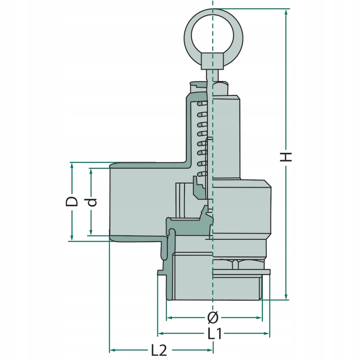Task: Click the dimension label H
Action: [x=287, y=157]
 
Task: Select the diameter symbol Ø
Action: [x=213, y=318]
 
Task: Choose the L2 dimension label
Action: [x=158, y=350]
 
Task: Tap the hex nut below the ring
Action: [x=213, y=60]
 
